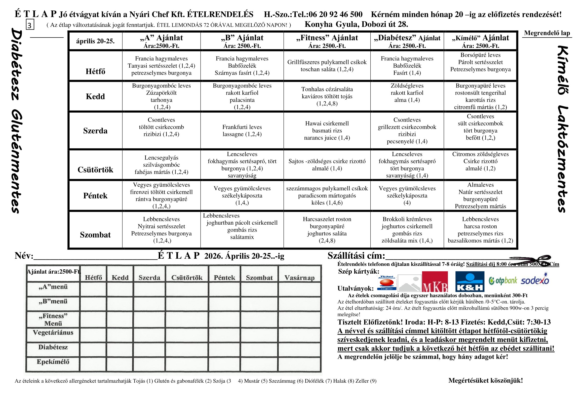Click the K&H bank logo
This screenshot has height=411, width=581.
tap(469, 282)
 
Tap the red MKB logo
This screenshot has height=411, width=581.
tap(435, 282)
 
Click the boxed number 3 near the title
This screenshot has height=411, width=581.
tap(30, 25)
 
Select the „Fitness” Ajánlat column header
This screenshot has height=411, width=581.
tap(327, 41)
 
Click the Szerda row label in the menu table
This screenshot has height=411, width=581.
tap(95, 131)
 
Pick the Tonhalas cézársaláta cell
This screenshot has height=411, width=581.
tap(327, 96)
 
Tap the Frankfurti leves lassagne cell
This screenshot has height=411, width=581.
tap(242, 131)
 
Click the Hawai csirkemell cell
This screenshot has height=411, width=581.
tap(327, 131)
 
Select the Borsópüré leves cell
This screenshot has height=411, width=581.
tap(480, 62)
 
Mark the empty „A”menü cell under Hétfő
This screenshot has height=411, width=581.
tap(93, 289)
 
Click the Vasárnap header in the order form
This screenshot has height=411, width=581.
tap(299, 278)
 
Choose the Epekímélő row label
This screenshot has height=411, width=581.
tap(53, 362)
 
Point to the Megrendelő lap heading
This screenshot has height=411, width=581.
tap(547, 33)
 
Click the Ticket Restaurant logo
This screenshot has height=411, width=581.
tap(387, 283)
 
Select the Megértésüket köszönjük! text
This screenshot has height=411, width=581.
tap(485, 380)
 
